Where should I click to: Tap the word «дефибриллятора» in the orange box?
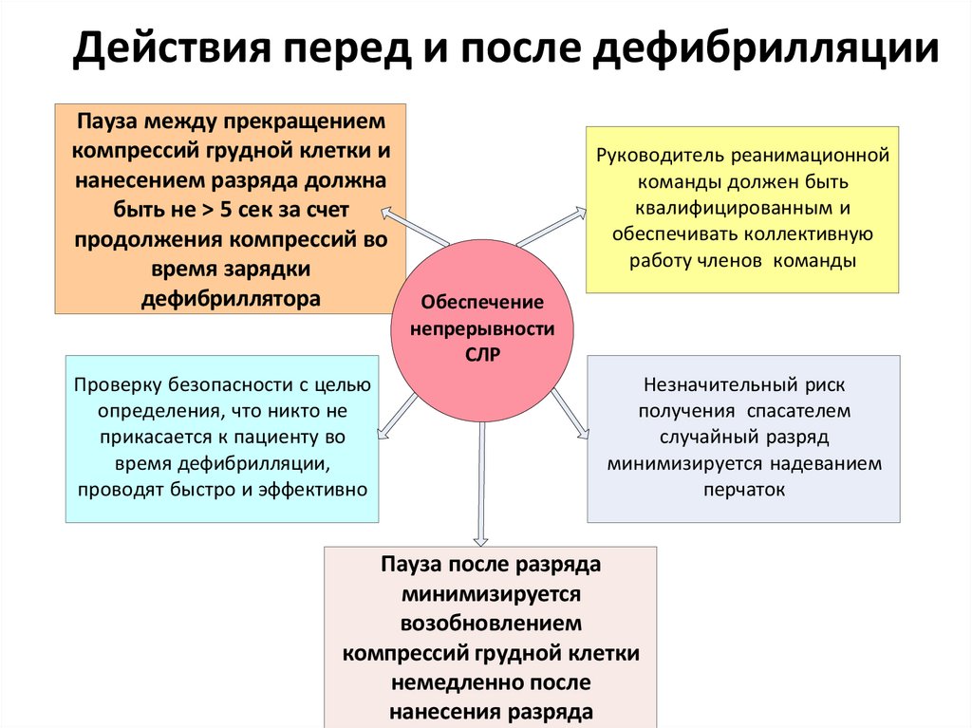point(231,298)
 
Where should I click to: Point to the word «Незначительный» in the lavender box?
point(706,385)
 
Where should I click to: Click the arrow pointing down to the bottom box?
point(481,484)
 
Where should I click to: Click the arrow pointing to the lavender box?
point(570,413)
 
